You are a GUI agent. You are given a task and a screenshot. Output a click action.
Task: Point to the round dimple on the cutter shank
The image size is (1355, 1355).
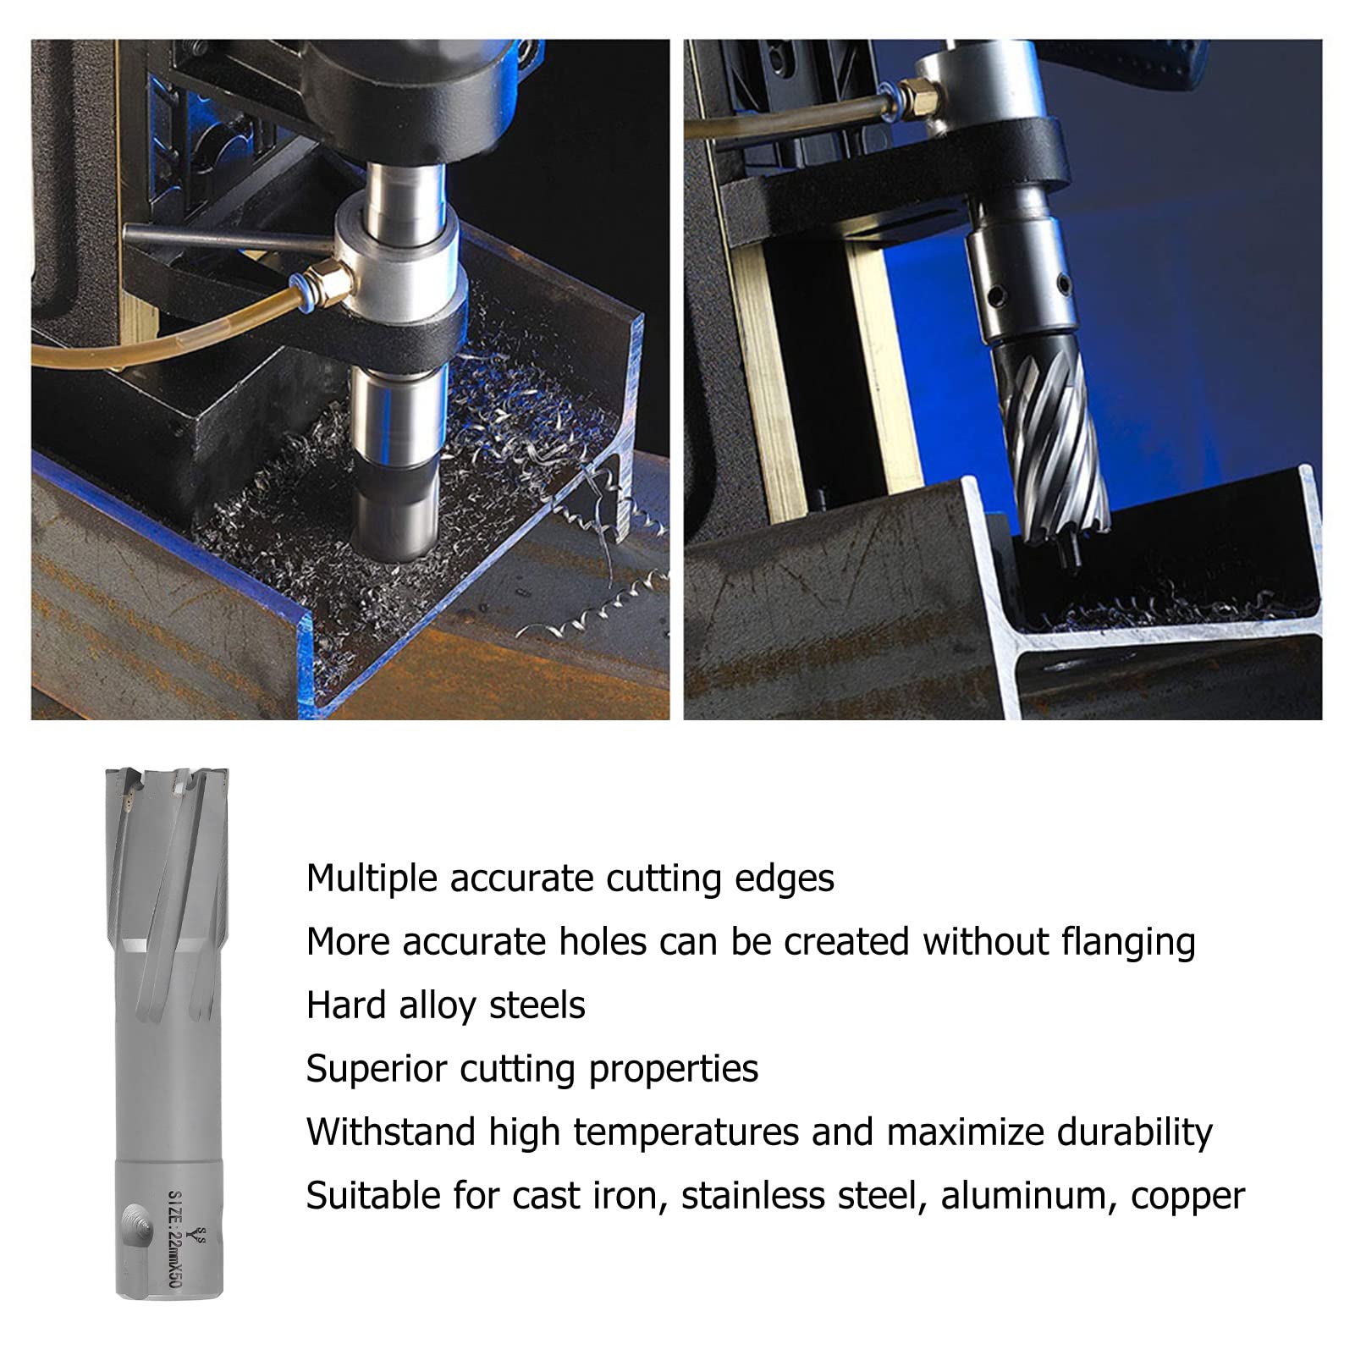click(133, 1224)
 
